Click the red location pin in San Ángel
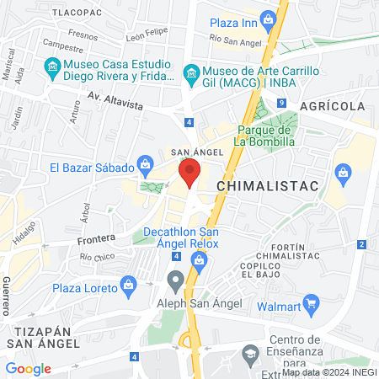(x=190, y=175)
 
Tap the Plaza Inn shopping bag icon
(x=269, y=18)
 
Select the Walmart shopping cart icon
(x=311, y=302)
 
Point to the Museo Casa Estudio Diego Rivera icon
(x=53, y=66)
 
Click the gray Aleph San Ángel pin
(x=175, y=279)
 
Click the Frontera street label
(x=95, y=239)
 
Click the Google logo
(x=28, y=368)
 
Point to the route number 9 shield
(x=281, y=103)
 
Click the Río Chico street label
(x=97, y=256)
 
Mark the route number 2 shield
(x=360, y=244)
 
